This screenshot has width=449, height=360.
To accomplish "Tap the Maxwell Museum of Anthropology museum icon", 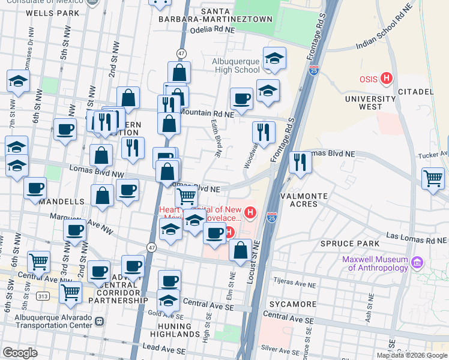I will tap(418, 262).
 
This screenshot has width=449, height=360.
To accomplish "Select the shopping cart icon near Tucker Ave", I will tap(432, 178).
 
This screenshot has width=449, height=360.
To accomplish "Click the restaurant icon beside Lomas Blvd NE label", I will tap(299, 162).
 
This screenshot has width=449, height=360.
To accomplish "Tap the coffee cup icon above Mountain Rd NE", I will tap(242, 98).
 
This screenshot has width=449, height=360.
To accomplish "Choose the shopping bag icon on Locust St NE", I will tap(240, 250).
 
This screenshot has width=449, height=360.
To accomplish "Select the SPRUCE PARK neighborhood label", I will tap(349, 243).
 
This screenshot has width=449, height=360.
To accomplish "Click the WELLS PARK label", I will tap(53, 13).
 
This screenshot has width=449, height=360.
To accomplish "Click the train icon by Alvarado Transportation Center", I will tap(100, 321).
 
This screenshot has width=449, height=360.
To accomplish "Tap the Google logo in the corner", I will tap(20, 353).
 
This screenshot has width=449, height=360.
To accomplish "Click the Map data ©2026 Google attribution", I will tap(412, 355).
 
